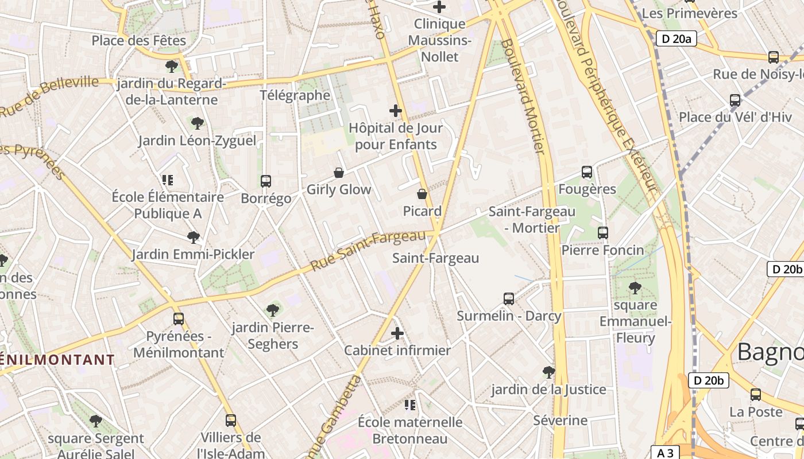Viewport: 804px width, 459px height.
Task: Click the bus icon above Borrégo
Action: pyautogui.click(x=265, y=181)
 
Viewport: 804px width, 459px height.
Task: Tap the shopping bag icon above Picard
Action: pyautogui.click(x=422, y=194)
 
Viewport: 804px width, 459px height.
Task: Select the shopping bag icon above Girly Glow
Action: pyautogui.click(x=339, y=173)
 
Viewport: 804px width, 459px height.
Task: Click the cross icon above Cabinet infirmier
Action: pyautogui.click(x=397, y=333)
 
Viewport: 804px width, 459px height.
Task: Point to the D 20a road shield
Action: pyautogui.click(x=676, y=38)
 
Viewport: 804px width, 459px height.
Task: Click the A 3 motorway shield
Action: pyautogui.click(x=665, y=453)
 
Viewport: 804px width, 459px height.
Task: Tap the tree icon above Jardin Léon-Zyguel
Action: pyautogui.click(x=197, y=123)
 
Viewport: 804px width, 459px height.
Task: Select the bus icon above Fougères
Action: pyautogui.click(x=586, y=172)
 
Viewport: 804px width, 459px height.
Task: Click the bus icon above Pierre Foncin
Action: pyautogui.click(x=602, y=233)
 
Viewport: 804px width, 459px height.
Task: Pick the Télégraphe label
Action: pyautogui.click(x=295, y=95)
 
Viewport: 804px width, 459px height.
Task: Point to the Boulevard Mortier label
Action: pyautogui.click(x=523, y=96)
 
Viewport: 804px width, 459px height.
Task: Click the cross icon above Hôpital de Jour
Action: pyautogui.click(x=395, y=111)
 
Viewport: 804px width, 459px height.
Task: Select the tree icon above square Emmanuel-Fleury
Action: pyautogui.click(x=635, y=287)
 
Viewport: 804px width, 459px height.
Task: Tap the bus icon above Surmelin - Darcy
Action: pyautogui.click(x=508, y=299)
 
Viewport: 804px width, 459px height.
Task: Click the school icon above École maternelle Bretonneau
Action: pyautogui.click(x=409, y=405)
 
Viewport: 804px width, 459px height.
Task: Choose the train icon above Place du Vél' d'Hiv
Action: pyautogui.click(x=735, y=100)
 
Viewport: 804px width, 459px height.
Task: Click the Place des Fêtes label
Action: pyautogui.click(x=139, y=41)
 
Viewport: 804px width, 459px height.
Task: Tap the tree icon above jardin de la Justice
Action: pyautogui.click(x=548, y=372)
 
